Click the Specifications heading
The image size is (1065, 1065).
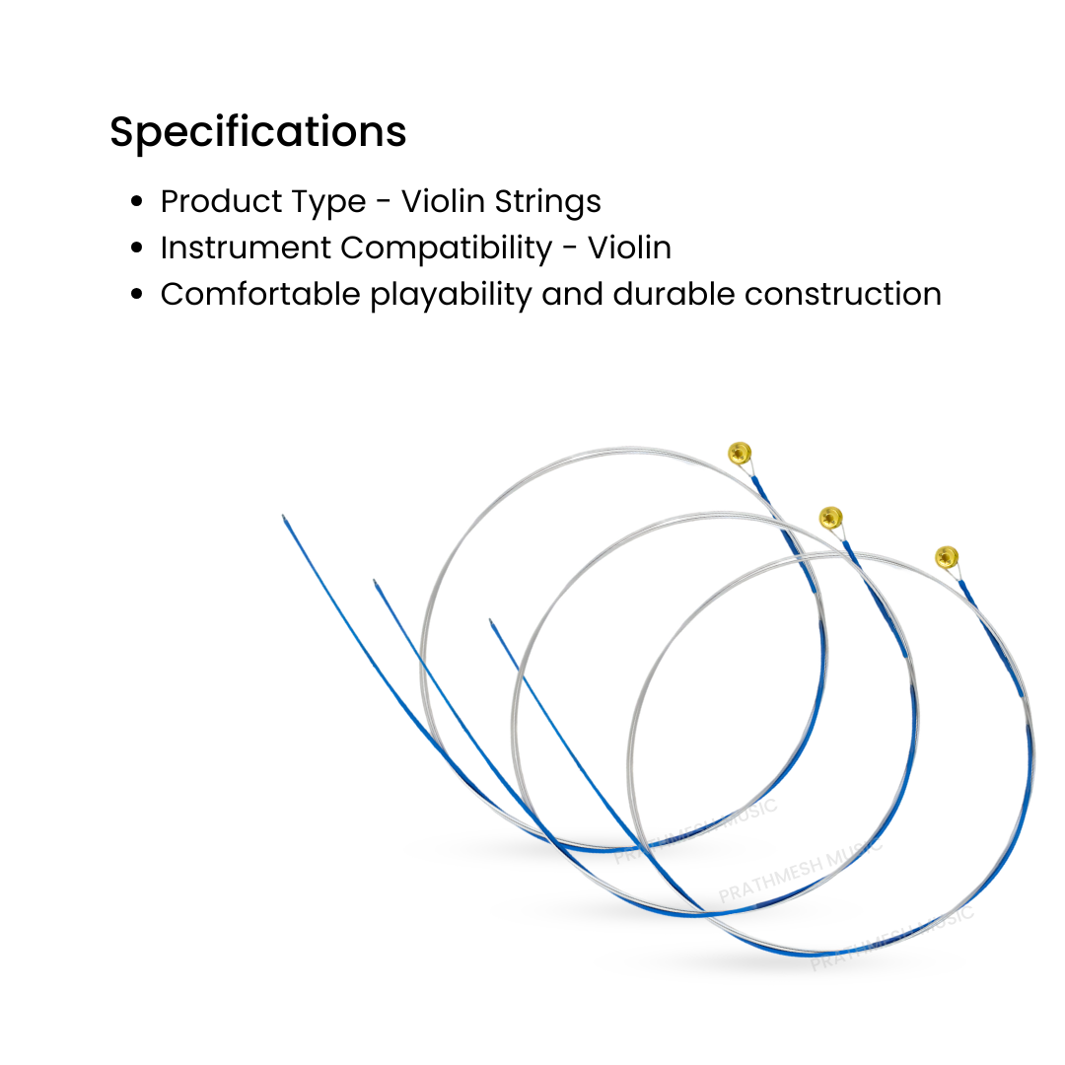(257, 133)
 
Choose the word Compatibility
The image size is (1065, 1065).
(446, 249)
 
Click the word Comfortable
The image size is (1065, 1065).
(260, 294)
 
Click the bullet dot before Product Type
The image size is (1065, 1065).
(138, 202)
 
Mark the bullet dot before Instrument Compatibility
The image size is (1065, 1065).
(138, 248)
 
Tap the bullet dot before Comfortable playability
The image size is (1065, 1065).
(138, 295)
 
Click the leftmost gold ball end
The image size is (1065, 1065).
(740, 453)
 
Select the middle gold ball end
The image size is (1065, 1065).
(831, 517)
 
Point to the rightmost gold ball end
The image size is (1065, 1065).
(946, 556)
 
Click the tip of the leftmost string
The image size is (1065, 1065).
(284, 517)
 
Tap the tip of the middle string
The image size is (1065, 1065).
(375, 583)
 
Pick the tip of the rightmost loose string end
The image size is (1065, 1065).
(491, 621)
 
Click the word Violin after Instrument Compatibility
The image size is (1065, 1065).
(630, 248)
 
